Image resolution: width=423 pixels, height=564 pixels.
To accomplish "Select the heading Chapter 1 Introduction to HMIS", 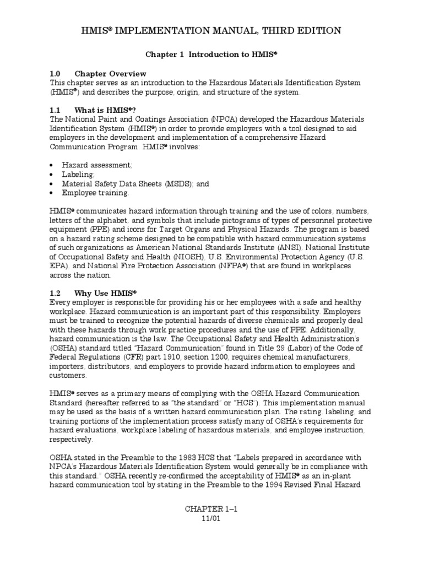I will tap(211, 56).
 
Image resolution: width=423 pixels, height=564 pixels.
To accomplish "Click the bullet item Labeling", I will tap(80, 174).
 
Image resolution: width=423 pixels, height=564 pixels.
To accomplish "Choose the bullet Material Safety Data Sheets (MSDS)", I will tap(135, 183).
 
